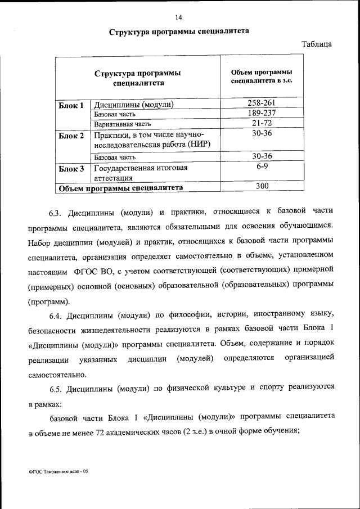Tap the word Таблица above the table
(317, 44)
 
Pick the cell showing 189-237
(262, 113)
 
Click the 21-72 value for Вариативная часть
(262, 123)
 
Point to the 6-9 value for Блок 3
(262, 167)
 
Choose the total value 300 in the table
(262, 186)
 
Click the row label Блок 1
(71, 105)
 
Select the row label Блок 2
(71, 136)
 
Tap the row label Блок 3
(71, 168)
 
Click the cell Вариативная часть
(123, 124)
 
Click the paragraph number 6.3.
(55, 213)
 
